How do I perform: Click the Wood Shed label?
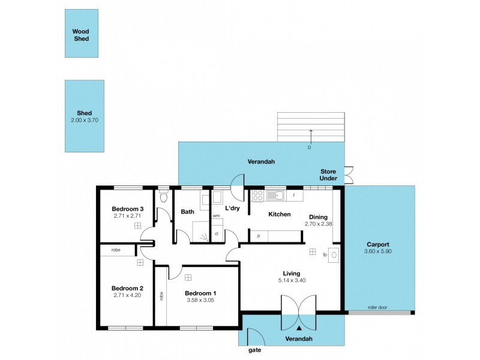(x=80, y=35)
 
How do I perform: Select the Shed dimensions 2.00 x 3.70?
(x=84, y=120)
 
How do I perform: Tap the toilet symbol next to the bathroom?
(x=163, y=197)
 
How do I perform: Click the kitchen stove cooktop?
(x=257, y=194)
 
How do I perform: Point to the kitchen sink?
(x=276, y=194)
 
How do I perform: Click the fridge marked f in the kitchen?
(x=294, y=194)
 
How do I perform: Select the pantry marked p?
(x=259, y=236)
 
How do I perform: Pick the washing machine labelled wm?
(x=216, y=215)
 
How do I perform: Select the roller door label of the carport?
(x=378, y=308)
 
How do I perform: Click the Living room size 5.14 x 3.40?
(x=292, y=280)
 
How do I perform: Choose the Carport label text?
(x=378, y=244)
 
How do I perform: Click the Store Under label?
(x=328, y=175)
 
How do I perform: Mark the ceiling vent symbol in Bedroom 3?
(x=137, y=226)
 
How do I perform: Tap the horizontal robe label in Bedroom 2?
(x=115, y=249)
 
